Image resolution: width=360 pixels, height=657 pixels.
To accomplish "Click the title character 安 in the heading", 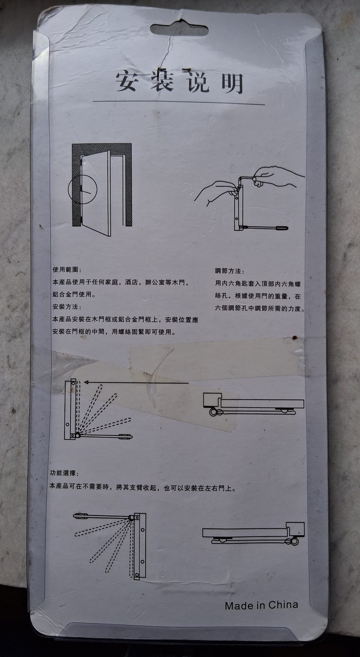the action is [x=126, y=81].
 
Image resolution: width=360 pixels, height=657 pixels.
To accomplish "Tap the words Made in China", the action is [x=261, y=605].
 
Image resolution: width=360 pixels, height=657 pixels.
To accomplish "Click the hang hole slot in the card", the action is [x=179, y=29].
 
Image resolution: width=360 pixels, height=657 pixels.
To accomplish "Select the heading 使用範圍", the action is [x=67, y=270].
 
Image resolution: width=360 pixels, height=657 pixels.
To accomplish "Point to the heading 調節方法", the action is [x=229, y=271].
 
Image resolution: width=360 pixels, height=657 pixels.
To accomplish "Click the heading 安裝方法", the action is [x=67, y=307].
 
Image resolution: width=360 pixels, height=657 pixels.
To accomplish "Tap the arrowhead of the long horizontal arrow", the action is [x=87, y=382].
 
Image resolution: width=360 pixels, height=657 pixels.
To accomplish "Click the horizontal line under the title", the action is [x=179, y=102].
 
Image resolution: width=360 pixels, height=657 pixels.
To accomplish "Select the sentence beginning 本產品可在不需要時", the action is [x=143, y=488].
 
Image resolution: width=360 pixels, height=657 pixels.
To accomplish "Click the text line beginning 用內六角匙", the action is [x=260, y=284].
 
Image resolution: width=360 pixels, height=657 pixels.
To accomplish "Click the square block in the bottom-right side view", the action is [x=295, y=529].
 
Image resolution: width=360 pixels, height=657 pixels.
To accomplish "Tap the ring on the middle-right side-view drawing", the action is [x=213, y=412].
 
